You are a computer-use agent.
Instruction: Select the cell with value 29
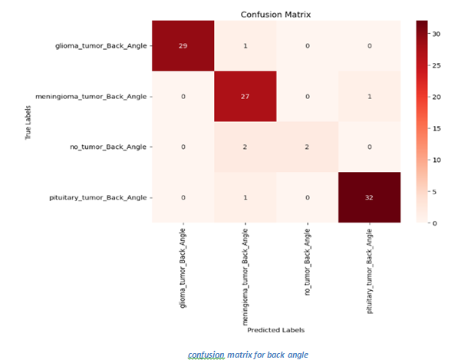[x=183, y=45]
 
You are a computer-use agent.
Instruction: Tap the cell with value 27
[x=245, y=96]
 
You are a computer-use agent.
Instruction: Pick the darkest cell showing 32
[x=370, y=197]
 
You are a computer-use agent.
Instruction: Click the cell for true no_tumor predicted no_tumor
[x=307, y=147]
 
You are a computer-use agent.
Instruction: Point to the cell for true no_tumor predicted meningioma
[x=245, y=147]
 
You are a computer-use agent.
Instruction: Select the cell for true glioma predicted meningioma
[x=245, y=45]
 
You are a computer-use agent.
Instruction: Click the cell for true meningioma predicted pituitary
[x=370, y=96]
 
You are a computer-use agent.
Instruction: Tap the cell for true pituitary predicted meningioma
[x=245, y=197]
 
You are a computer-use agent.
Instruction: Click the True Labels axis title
[x=28, y=122]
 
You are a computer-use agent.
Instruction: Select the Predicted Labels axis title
[x=276, y=330]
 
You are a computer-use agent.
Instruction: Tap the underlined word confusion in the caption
[x=206, y=355]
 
